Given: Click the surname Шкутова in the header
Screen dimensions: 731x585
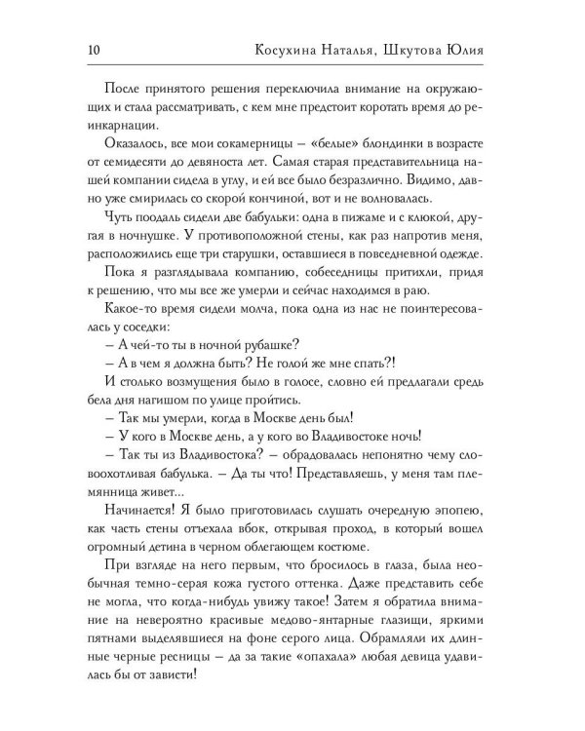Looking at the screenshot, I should click(x=420, y=50).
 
